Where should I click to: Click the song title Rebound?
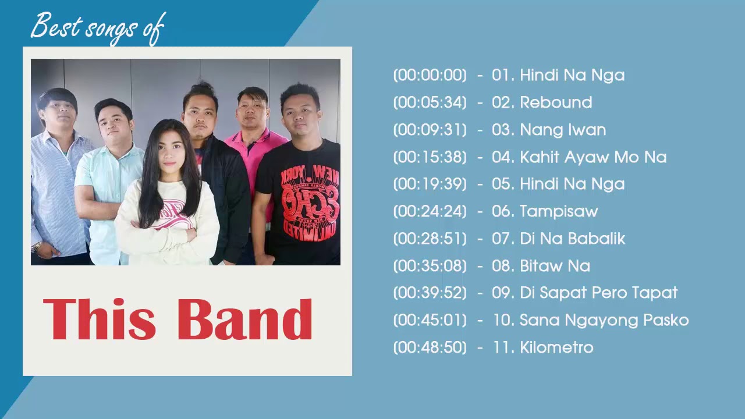[556, 102]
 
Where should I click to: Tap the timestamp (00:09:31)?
[430, 130]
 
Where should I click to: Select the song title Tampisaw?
[559, 211]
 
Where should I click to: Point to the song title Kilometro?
[556, 347]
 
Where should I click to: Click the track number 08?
[501, 266]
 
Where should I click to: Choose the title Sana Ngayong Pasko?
[604, 320]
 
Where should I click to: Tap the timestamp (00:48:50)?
[430, 347]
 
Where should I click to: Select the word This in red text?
[99, 319]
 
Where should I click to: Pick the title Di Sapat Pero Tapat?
[598, 293]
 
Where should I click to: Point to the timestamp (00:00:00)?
[430, 75]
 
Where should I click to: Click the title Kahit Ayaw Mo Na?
[593, 157]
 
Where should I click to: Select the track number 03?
[501, 130]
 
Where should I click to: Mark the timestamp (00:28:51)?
[430, 239]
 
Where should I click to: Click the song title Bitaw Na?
[555, 266]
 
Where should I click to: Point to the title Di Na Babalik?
[572, 239]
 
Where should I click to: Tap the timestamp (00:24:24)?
[430, 211]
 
